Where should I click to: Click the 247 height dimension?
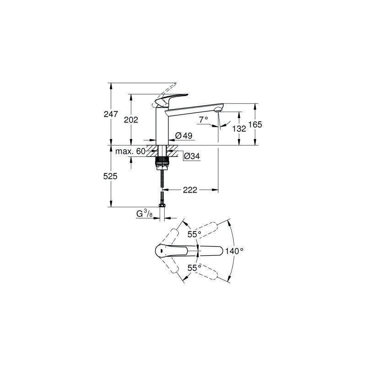(111, 114)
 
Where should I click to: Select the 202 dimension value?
(131, 120)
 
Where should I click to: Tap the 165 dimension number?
(255, 124)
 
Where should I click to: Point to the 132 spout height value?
(239, 129)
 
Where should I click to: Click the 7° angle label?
(204, 120)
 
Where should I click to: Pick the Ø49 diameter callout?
(184, 135)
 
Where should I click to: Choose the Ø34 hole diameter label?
(192, 156)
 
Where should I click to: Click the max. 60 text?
(130, 151)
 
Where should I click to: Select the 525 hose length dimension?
(110, 177)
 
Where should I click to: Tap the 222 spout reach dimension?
(190, 190)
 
